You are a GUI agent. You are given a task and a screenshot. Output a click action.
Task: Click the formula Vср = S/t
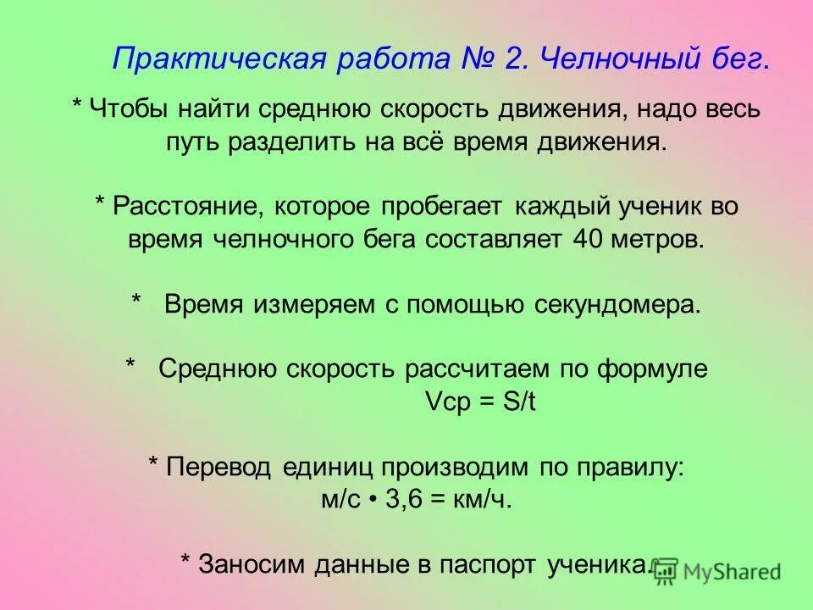pyautogui.click(x=480, y=402)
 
